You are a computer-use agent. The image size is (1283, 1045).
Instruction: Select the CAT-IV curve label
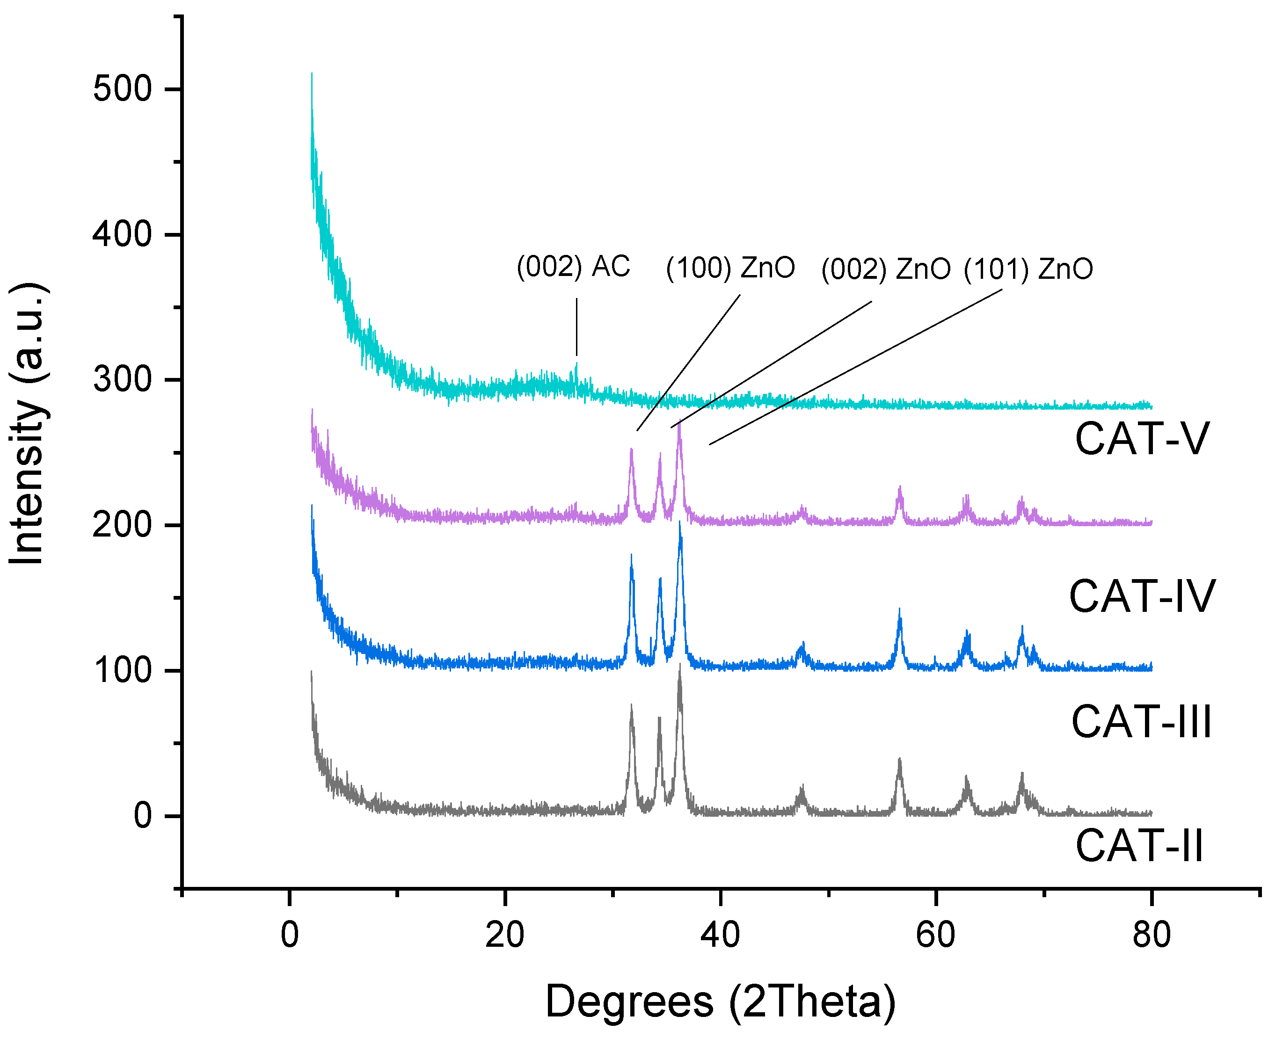[x=1142, y=596]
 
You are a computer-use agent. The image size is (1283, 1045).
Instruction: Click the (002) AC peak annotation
[x=573, y=266]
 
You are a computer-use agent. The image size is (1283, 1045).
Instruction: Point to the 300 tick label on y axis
[x=122, y=380]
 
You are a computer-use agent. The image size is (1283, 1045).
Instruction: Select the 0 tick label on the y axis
[x=143, y=816]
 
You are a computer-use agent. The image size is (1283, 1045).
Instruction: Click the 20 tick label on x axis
[x=504, y=936]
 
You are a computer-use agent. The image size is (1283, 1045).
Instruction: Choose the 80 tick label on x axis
[x=1151, y=936]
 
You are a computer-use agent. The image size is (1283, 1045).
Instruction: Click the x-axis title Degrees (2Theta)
[x=720, y=1001]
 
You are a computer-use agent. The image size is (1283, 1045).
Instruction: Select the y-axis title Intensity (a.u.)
[x=27, y=423]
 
